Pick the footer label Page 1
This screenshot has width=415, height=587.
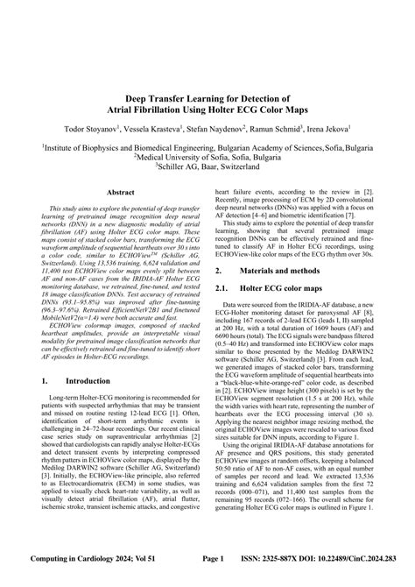click(x=214, y=579)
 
